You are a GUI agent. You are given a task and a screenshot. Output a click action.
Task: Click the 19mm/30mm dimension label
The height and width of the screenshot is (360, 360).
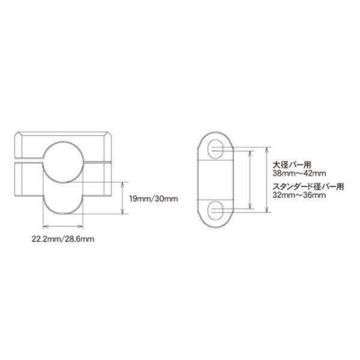(x=154, y=199)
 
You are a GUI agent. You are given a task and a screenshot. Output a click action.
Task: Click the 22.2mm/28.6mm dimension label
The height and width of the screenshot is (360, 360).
(x=63, y=239)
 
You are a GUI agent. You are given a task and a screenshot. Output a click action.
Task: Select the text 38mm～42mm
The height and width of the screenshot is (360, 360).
(x=299, y=173)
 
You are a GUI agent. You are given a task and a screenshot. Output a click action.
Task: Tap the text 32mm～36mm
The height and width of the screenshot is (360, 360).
(x=299, y=195)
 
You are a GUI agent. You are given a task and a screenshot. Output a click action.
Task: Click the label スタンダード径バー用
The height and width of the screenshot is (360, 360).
(x=308, y=187)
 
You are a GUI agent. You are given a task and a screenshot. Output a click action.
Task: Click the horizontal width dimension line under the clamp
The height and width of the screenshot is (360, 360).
(x=63, y=227)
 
